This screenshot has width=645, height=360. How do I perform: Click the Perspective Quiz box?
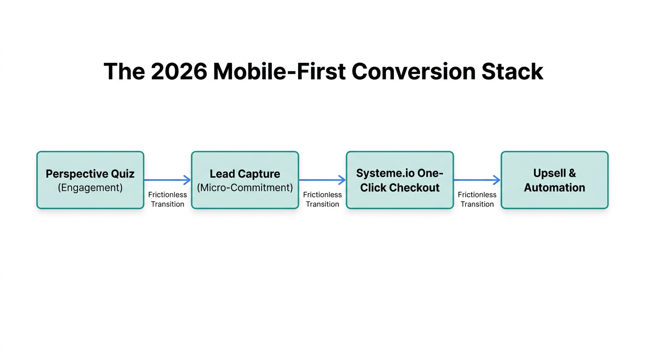pyautogui.click(x=90, y=180)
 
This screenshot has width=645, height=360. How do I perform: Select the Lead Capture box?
pyautogui.click(x=245, y=180)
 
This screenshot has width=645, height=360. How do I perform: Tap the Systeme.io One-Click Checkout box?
pyautogui.click(x=399, y=180)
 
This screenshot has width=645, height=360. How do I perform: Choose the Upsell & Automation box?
pyautogui.click(x=554, y=180)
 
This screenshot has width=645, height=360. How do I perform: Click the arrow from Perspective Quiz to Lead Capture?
pyautogui.click(x=167, y=180)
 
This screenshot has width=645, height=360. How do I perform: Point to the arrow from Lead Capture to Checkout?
pyautogui.click(x=322, y=180)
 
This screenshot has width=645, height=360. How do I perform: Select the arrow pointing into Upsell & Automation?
pyautogui.click(x=477, y=180)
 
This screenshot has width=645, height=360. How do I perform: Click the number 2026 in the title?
pyautogui.click(x=179, y=72)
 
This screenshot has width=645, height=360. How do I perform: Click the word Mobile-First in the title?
pyautogui.click(x=279, y=72)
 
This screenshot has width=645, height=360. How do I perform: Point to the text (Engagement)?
pyautogui.click(x=90, y=188)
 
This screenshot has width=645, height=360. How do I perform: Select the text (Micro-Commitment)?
pyautogui.click(x=245, y=188)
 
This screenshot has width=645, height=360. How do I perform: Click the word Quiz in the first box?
pyautogui.click(x=122, y=174)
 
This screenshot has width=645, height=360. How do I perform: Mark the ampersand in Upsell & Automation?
pyautogui.click(x=572, y=173)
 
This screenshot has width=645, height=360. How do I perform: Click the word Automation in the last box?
pyautogui.click(x=554, y=188)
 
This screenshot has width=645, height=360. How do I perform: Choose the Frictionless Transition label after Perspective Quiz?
pyautogui.click(x=167, y=199)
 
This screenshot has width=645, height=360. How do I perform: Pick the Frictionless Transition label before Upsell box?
pyautogui.click(x=477, y=199)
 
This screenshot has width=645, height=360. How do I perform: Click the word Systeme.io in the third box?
pyautogui.click(x=385, y=173)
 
